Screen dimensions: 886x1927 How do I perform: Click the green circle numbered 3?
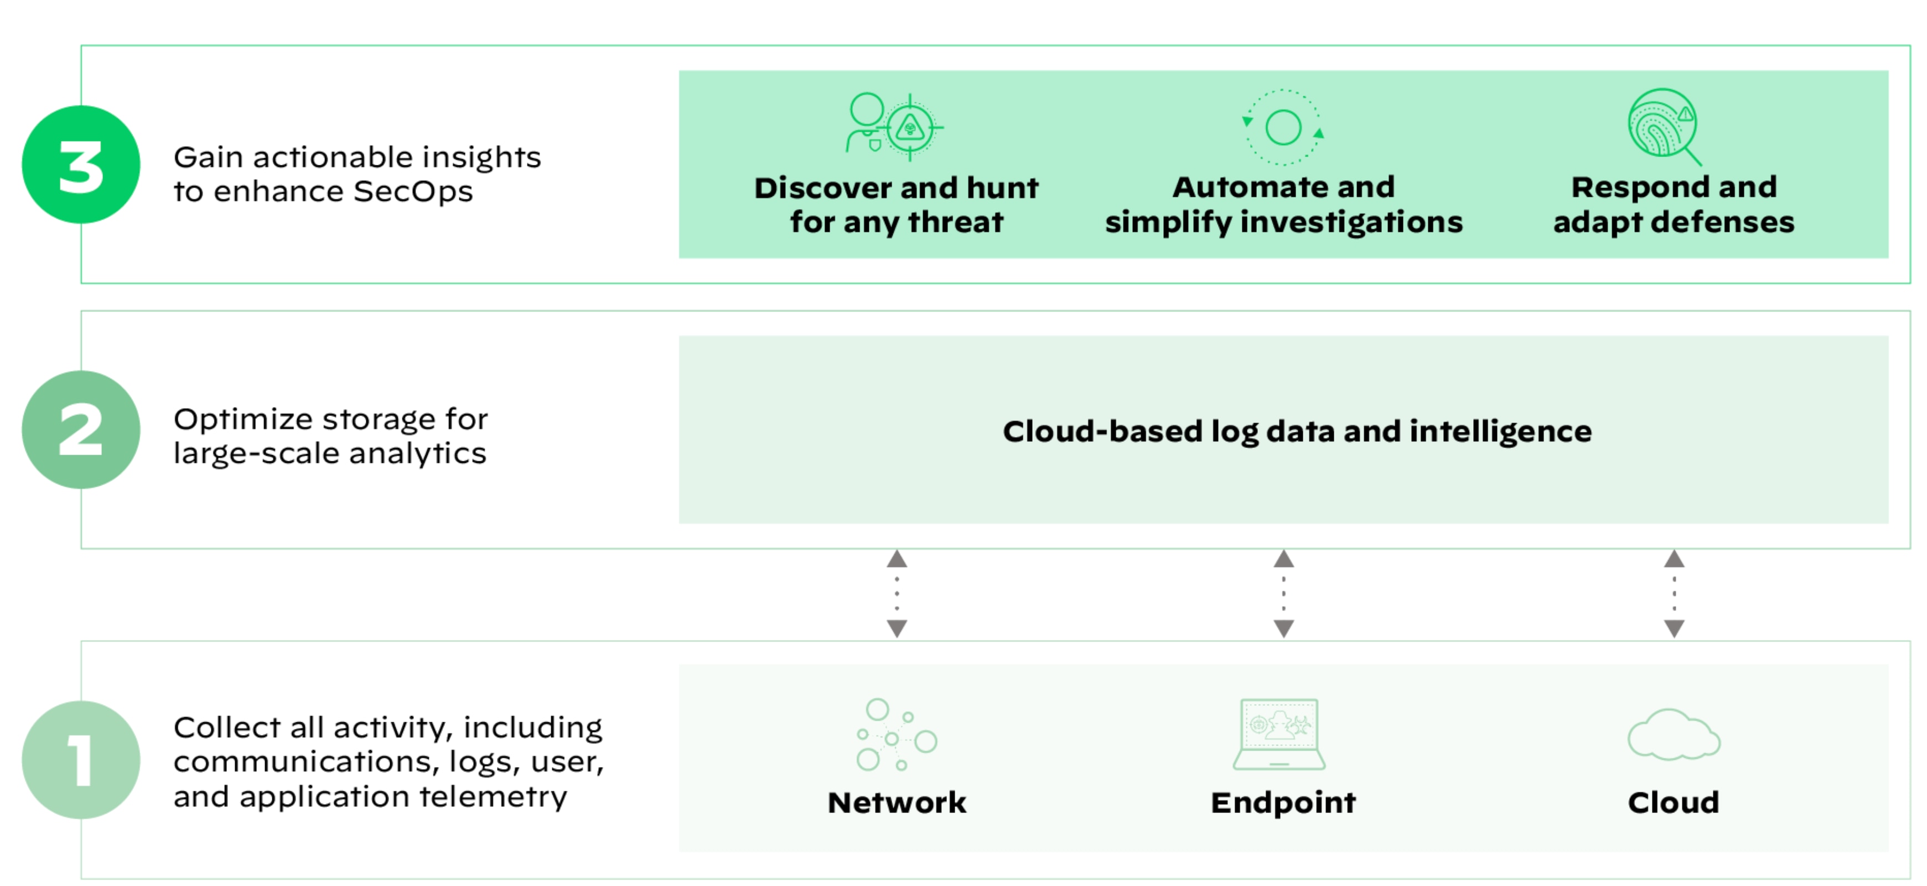pos(81,164)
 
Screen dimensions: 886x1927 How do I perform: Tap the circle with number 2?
pos(81,430)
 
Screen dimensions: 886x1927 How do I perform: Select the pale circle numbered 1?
pos(81,760)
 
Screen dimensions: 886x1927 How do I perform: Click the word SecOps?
pos(413,192)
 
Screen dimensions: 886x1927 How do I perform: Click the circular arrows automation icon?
pos(1283,127)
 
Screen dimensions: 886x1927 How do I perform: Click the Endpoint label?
pos(1283,802)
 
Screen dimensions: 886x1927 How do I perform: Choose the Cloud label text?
pos(1674,802)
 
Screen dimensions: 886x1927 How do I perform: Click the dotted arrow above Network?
pos(897,593)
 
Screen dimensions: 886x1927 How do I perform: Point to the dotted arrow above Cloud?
pos(1674,593)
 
